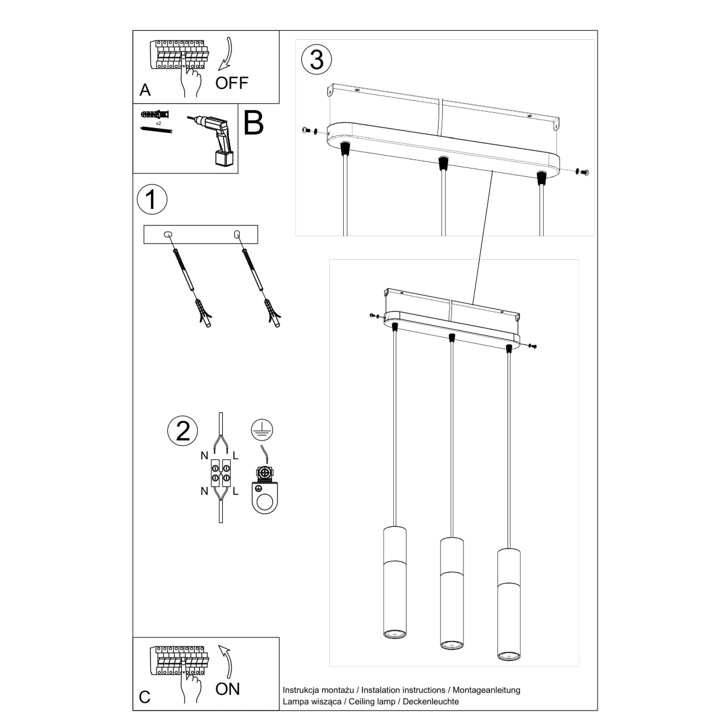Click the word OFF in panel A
point(232,83)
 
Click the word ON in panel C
point(228,688)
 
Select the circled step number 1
point(152,199)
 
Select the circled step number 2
point(182,430)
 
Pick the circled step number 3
point(317,59)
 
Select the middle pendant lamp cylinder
point(451,592)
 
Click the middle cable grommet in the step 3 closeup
point(443,163)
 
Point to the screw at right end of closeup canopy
point(583,173)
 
